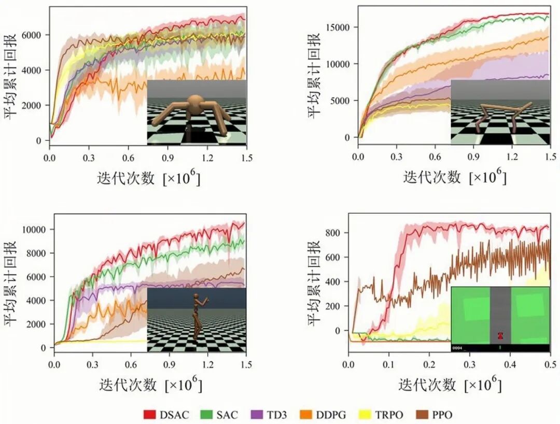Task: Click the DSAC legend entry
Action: (166, 414)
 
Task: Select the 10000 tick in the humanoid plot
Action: (35, 230)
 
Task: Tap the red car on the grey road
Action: (500, 335)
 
